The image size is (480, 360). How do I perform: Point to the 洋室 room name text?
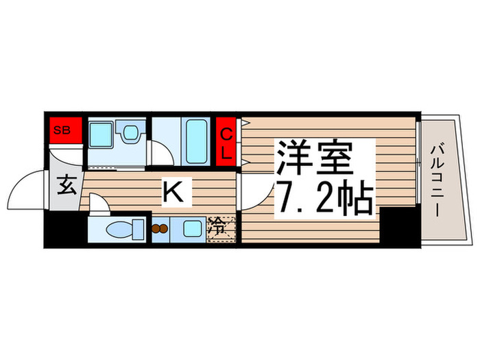coord(315,158)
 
